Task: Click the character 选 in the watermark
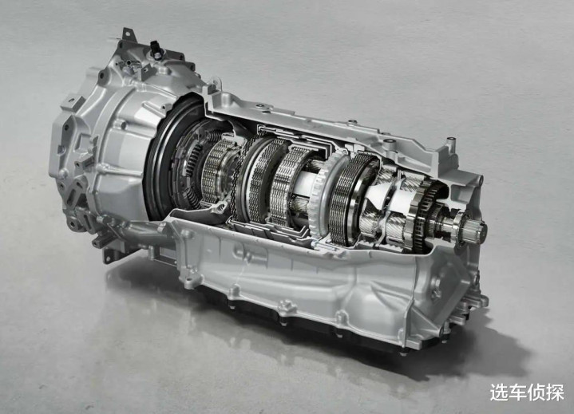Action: coord(499,392)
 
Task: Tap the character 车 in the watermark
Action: coord(517,392)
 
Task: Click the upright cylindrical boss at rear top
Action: coord(451,144)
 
